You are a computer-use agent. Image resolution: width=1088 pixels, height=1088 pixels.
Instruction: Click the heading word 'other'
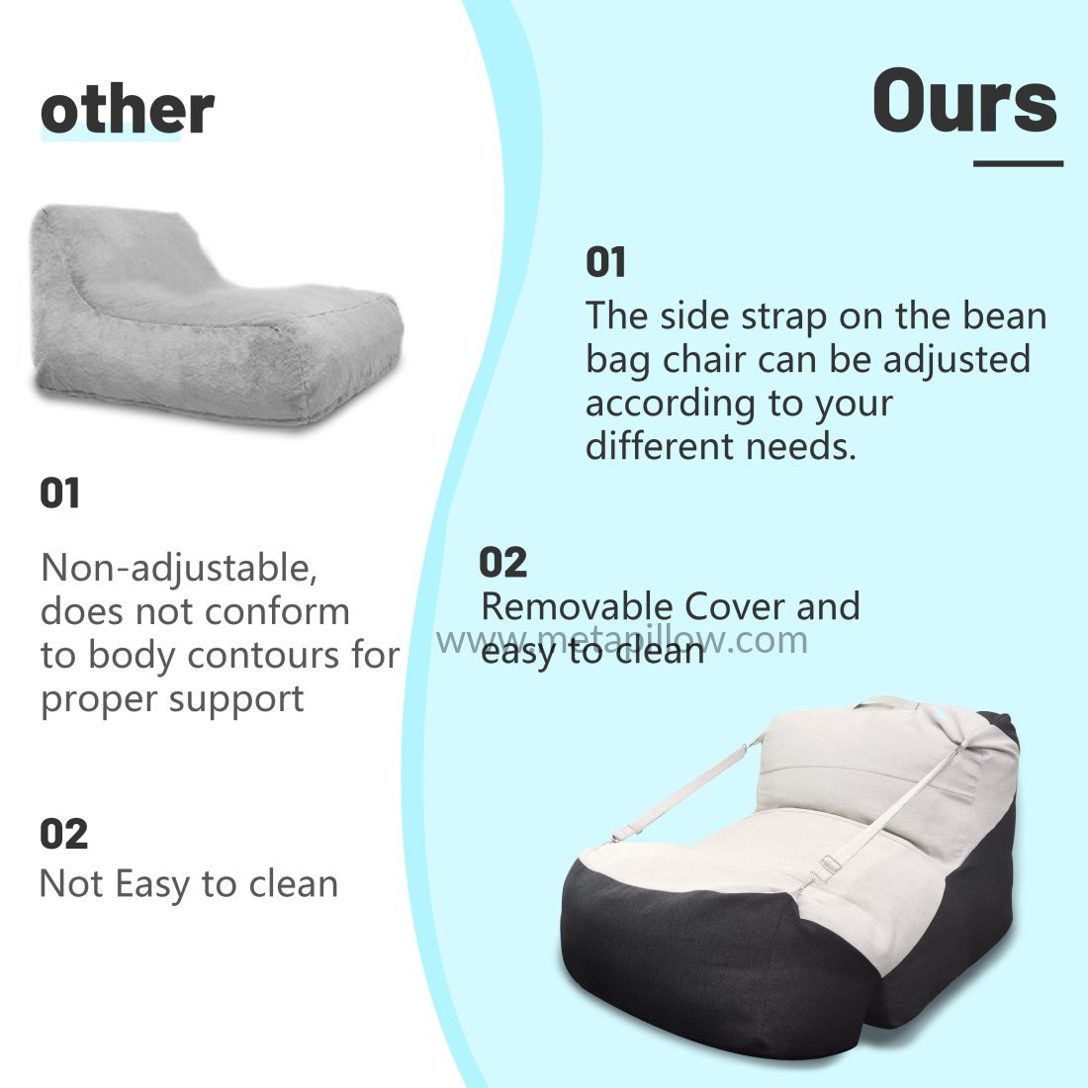click(128, 111)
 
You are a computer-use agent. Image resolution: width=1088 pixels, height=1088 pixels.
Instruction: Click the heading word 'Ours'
click(965, 101)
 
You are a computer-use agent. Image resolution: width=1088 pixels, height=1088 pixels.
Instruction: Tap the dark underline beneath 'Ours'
click(1018, 164)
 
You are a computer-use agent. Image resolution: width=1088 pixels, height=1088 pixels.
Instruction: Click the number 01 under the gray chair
click(59, 494)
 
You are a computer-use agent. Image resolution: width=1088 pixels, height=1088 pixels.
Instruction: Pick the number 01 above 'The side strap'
click(605, 262)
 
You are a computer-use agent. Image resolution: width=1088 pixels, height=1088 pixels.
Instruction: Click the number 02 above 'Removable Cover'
click(503, 562)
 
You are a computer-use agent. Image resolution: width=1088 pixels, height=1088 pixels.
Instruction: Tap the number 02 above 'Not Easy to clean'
click(64, 834)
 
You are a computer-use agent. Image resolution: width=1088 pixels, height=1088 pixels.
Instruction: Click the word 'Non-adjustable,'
click(179, 569)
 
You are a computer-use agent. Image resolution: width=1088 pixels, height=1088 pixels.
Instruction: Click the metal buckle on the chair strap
click(829, 863)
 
